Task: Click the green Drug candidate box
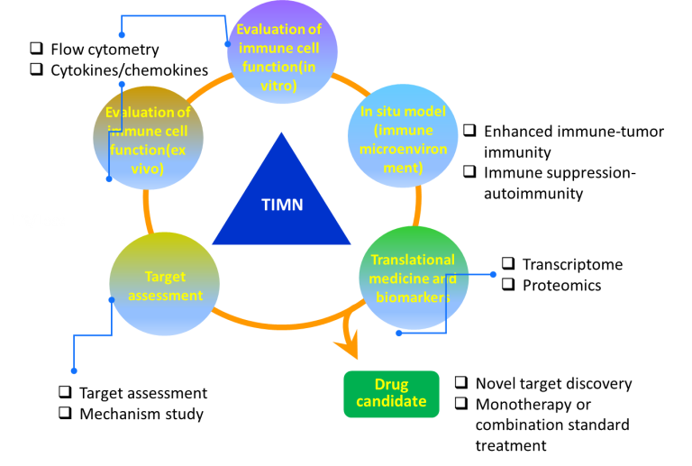[x=391, y=394]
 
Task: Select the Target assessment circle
[x=164, y=283]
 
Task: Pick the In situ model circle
[x=403, y=135]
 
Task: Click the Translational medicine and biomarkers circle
[x=414, y=278]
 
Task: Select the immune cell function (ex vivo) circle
[x=148, y=138]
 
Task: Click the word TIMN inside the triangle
[x=282, y=205]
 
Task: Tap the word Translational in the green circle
[x=413, y=260]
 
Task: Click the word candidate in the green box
[x=391, y=402]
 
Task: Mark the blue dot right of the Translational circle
[x=493, y=274]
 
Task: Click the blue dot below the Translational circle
[x=399, y=333]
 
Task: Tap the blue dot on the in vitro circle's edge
[x=227, y=43]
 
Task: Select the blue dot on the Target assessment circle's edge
[x=112, y=300]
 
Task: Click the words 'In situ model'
[x=403, y=112]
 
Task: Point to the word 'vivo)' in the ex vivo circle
[x=148, y=169]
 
